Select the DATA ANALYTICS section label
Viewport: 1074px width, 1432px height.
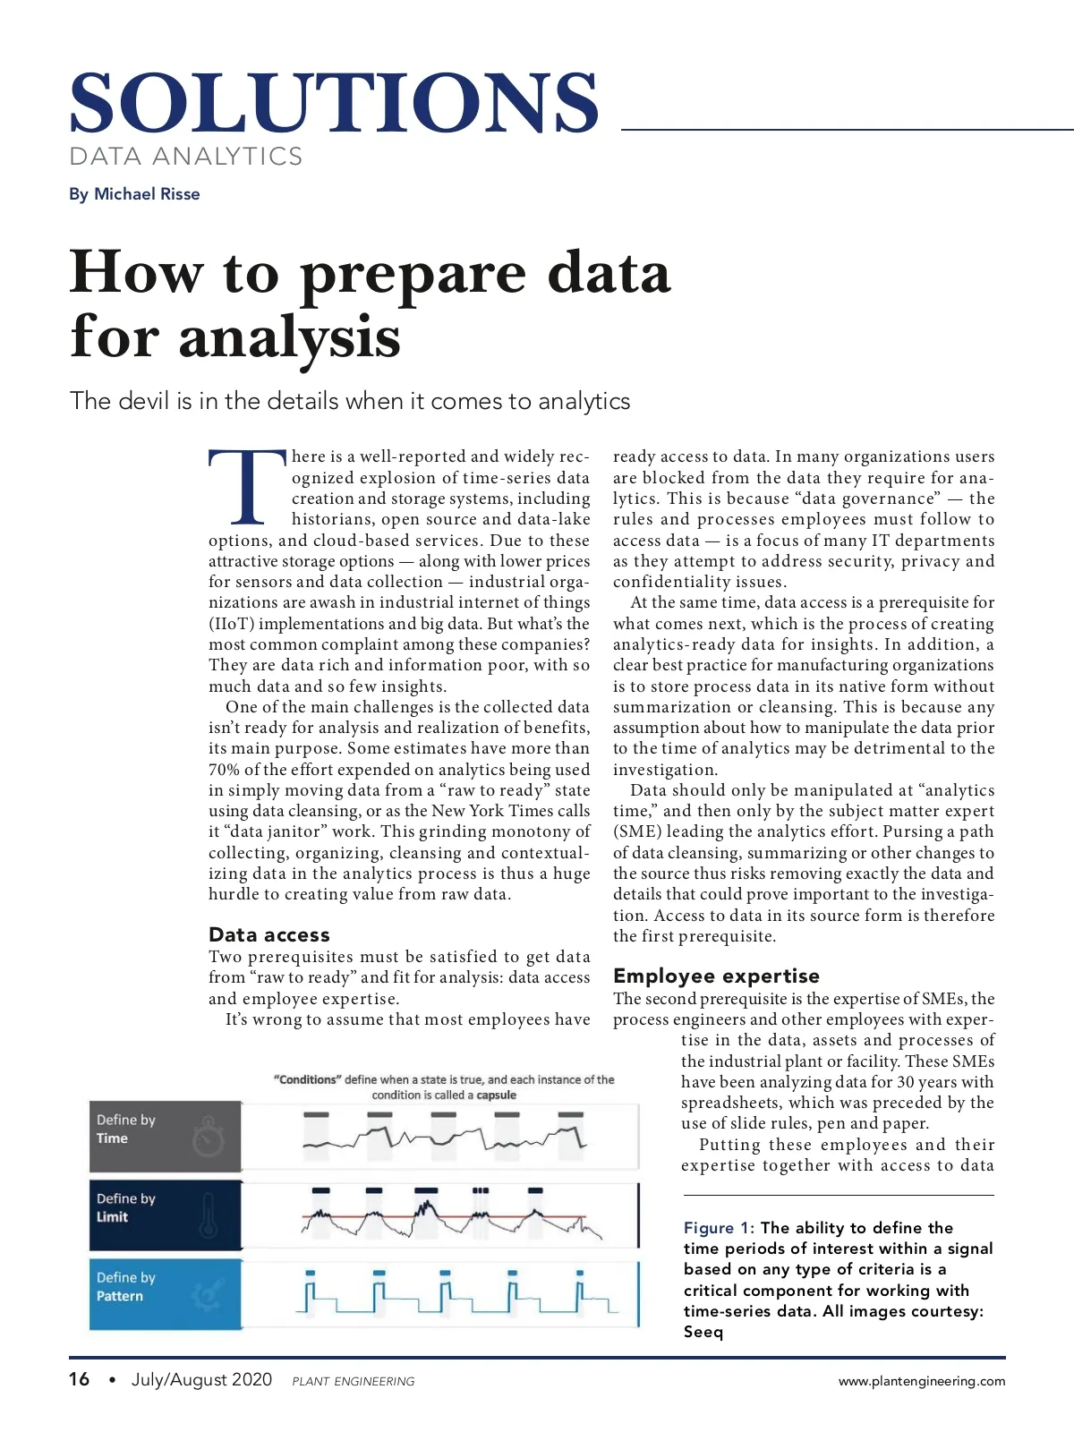pos(186,157)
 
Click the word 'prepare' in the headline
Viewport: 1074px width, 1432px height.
pos(413,274)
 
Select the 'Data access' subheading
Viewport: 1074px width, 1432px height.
pos(268,934)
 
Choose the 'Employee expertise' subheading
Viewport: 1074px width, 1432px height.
pos(716,976)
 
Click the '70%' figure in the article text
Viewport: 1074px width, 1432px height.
pos(225,770)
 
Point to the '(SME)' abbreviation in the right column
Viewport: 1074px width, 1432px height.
pos(636,831)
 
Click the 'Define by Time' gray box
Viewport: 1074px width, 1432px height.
pos(166,1137)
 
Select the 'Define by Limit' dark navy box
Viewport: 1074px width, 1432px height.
pos(166,1215)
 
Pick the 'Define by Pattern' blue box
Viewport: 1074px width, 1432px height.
pos(166,1293)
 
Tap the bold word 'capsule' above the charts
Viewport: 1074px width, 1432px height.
pos(496,1095)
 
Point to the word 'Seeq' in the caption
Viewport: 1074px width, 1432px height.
pos(703,1332)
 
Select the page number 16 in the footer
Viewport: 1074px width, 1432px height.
pos(79,1379)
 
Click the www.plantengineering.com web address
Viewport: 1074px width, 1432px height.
pos(921,1381)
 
